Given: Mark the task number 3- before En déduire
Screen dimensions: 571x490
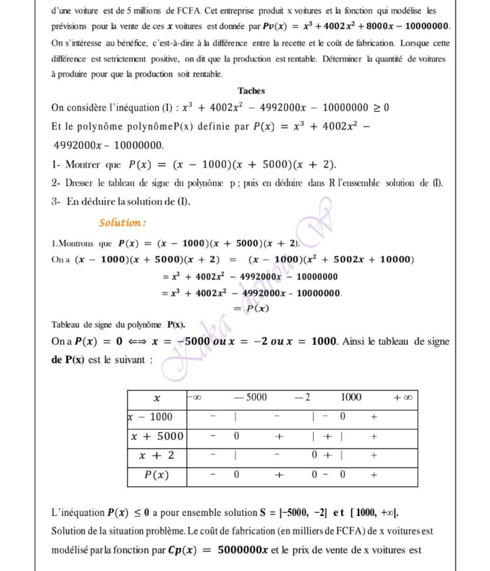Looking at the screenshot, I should pos(56,201).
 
